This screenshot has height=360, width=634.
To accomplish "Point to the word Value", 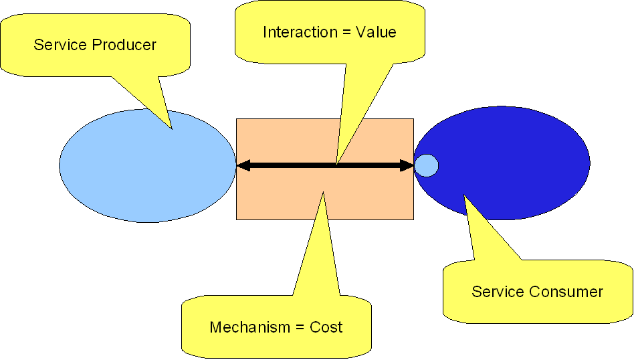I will tap(377, 32).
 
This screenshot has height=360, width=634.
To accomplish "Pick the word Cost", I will tap(326, 327).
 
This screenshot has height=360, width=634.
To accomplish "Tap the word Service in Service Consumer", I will tap(497, 292).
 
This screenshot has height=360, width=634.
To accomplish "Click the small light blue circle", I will tap(426, 165).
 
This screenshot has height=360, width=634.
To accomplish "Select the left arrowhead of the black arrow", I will tap(242, 165).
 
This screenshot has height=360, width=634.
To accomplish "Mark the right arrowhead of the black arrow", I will tap(407, 165).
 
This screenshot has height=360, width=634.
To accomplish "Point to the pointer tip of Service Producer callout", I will tap(171, 128).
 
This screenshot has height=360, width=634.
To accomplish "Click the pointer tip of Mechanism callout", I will tap(324, 193).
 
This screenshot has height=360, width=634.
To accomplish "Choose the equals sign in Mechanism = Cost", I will tap(300, 328).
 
